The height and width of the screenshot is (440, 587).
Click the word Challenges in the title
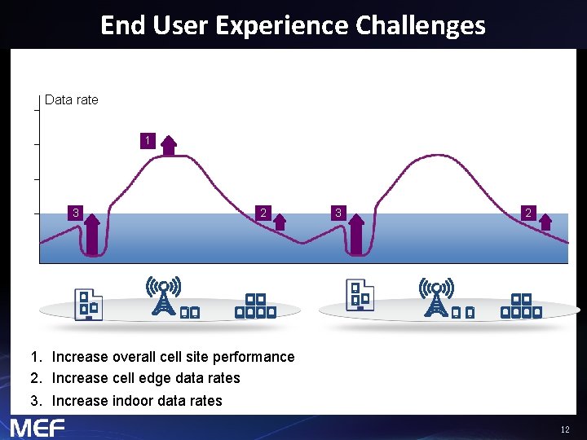coord(420,25)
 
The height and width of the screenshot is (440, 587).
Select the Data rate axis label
coord(72,99)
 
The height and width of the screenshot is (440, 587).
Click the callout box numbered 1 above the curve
coord(147,142)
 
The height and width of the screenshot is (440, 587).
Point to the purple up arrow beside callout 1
coord(168,145)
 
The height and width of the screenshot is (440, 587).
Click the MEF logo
coord(38,427)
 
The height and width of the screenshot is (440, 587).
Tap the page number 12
coord(565,429)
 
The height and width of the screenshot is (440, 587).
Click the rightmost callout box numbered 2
coord(528,213)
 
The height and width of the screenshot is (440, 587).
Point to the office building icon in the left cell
coord(87,304)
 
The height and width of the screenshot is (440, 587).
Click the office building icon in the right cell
coord(359,296)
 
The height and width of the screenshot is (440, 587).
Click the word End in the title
coord(122,25)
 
